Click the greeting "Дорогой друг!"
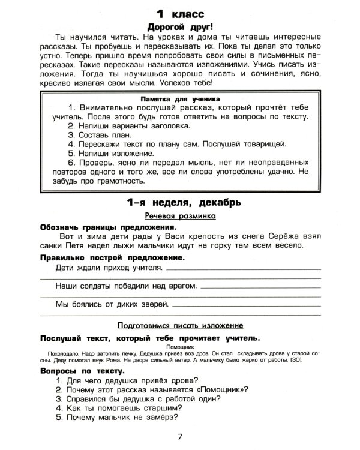(x=179, y=27)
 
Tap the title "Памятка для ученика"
(x=179, y=98)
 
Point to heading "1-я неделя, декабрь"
(x=179, y=202)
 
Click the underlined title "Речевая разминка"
(x=179, y=215)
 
